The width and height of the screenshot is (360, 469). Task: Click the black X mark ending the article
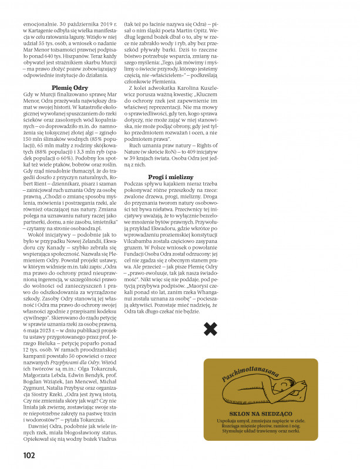pyautogui.click(x=210, y=329)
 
